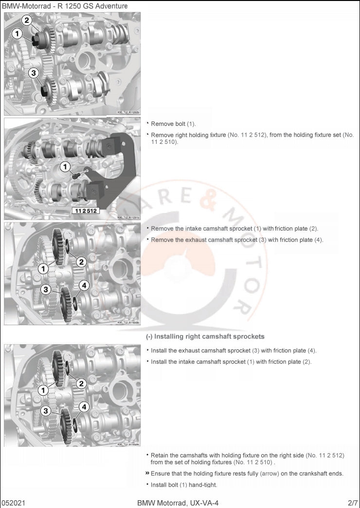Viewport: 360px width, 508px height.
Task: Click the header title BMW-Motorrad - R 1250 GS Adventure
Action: (65, 6)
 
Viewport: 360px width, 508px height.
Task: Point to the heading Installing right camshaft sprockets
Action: (205, 336)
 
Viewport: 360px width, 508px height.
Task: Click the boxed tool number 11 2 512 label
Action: (86, 211)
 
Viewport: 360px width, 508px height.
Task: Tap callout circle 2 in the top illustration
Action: (27, 20)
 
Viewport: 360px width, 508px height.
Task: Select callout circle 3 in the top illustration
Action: (33, 73)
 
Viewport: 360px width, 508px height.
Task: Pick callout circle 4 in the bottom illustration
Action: (84, 406)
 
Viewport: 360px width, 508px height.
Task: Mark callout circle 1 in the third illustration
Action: (43, 268)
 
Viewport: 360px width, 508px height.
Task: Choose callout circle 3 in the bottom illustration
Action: (45, 411)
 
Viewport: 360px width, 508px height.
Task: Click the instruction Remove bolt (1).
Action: (173, 124)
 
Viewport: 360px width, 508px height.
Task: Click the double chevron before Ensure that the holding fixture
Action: (147, 473)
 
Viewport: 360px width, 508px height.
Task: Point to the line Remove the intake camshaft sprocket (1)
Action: (234, 228)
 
